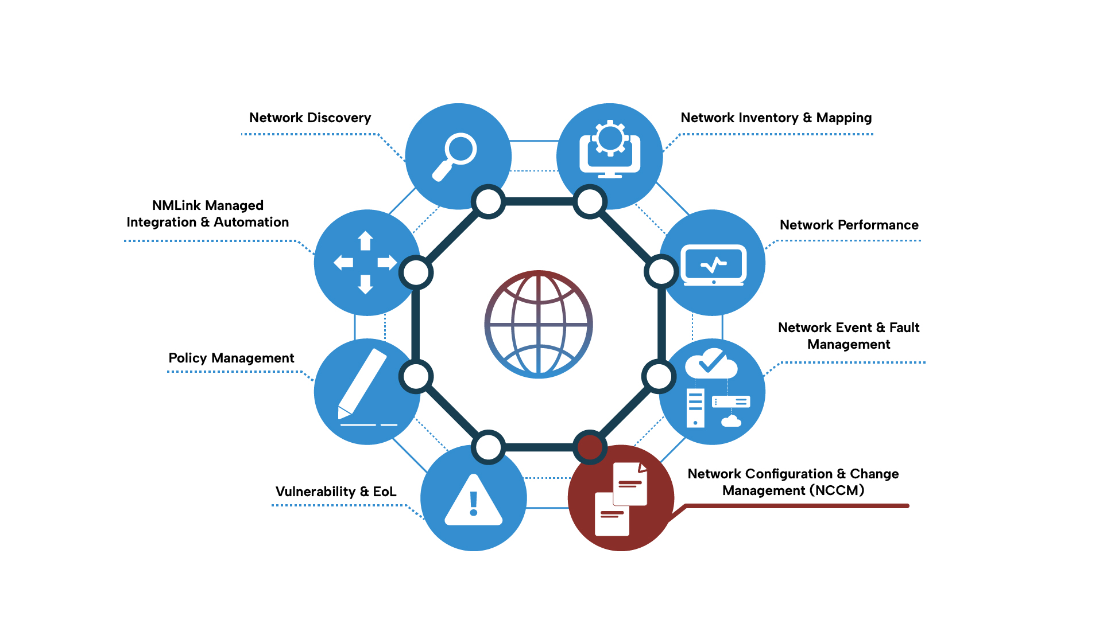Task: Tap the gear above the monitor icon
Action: click(x=610, y=138)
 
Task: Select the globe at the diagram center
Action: click(x=539, y=324)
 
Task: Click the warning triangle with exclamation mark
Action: click(x=474, y=500)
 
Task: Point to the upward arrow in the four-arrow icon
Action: click(x=365, y=240)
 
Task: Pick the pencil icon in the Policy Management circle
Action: click(x=362, y=383)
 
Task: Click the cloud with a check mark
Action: click(x=711, y=363)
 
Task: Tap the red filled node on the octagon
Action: click(x=590, y=447)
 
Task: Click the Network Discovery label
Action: click(x=310, y=118)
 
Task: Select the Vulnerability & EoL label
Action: click(x=336, y=492)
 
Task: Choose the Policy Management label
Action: click(x=231, y=358)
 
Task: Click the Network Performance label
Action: click(x=849, y=225)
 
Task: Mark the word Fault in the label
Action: click(x=904, y=327)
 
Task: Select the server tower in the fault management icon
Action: click(x=695, y=408)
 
